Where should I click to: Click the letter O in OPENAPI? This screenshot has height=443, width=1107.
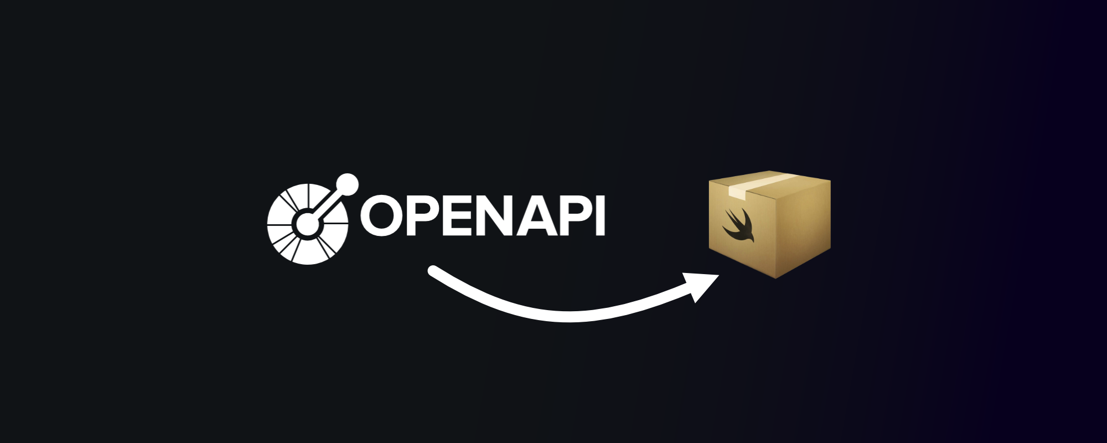[382, 217]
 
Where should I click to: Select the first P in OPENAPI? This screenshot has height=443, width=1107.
[423, 217]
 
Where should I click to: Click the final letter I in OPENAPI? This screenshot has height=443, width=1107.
[599, 217]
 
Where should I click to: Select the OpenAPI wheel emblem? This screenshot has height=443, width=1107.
[308, 224]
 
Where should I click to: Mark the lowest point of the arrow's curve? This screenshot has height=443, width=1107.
[570, 316]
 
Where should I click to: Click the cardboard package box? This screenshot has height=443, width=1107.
[770, 224]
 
